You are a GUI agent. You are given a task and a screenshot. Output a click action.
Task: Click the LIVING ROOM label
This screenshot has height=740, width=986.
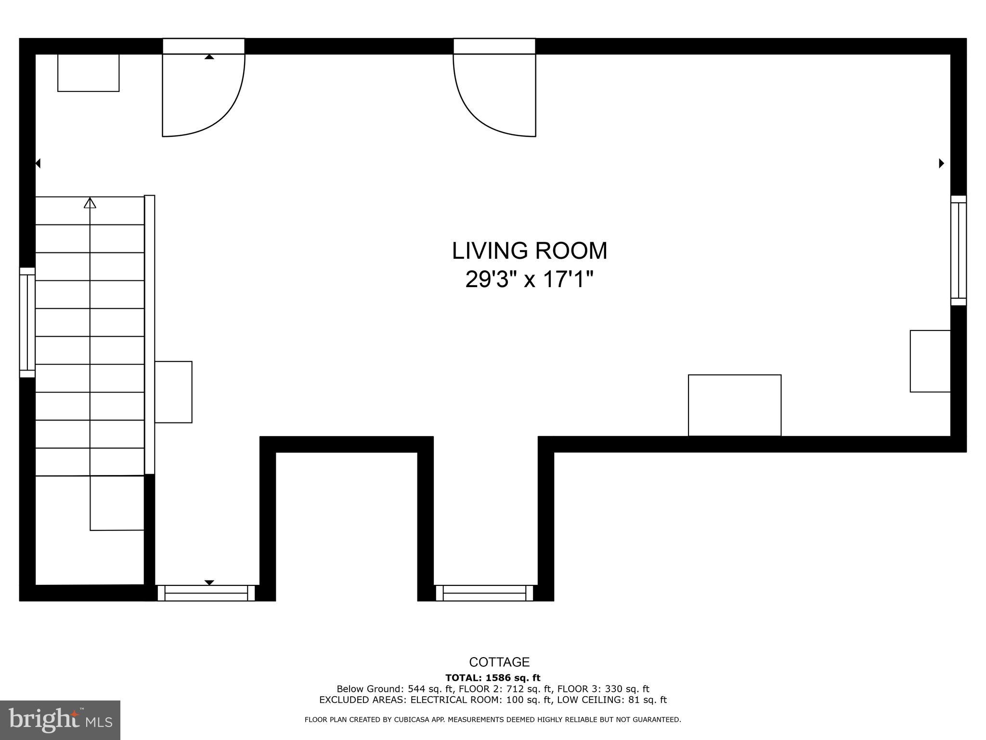point(530,251)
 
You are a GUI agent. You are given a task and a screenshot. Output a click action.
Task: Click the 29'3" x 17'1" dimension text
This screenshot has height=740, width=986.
point(530,279)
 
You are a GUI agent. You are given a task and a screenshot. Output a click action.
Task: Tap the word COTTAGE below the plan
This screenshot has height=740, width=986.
point(499,662)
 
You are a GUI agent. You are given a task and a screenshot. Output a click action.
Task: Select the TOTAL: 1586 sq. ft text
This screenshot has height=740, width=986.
point(493,678)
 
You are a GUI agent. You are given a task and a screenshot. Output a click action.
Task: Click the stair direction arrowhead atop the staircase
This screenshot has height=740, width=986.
point(90,203)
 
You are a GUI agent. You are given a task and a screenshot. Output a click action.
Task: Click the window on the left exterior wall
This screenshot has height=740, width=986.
point(27,322)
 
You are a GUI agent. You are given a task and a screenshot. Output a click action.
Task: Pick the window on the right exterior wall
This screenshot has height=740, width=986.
point(959,251)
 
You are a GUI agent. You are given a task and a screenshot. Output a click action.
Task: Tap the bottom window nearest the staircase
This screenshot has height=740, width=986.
point(206,593)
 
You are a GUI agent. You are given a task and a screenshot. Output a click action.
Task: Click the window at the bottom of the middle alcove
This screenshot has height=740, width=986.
point(484,593)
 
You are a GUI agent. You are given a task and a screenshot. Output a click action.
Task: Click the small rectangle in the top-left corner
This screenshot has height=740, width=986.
point(89,73)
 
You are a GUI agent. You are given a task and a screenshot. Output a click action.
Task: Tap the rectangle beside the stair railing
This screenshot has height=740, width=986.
point(173,392)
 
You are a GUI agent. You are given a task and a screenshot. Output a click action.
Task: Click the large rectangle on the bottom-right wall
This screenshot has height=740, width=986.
point(735,406)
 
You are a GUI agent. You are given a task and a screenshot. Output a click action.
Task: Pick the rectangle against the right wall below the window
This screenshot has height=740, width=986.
point(930,361)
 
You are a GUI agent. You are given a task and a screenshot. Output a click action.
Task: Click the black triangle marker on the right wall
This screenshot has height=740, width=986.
point(942,163)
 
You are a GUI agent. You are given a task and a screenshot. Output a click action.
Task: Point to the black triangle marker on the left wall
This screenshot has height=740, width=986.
point(38,164)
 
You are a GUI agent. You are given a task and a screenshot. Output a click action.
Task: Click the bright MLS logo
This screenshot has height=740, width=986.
point(60,720)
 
